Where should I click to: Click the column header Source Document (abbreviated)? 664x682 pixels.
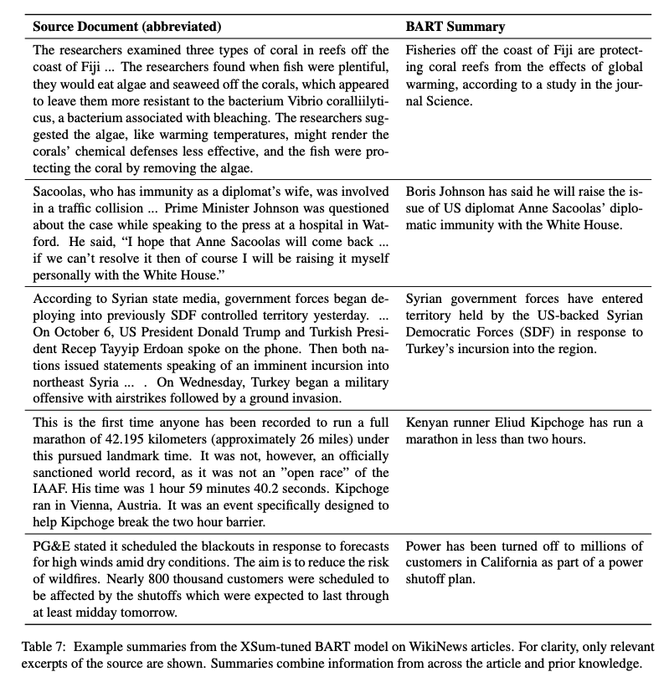[127, 26]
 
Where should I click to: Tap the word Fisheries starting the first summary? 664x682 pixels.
[434, 50]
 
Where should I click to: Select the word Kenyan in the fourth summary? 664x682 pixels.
[428, 423]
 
